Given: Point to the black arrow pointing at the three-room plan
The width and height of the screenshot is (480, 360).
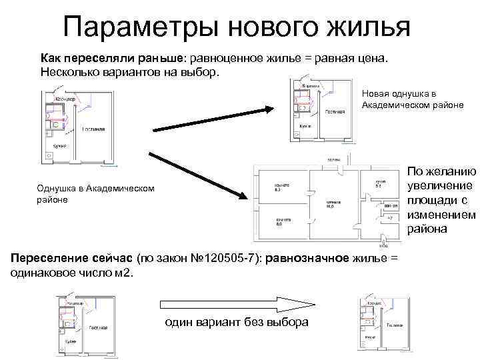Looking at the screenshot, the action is pyautogui.click(x=197, y=175).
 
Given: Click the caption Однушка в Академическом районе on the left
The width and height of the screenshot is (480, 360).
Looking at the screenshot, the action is pyautogui.click(x=96, y=194).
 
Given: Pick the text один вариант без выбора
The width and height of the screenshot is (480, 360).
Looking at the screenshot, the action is pyautogui.click(x=236, y=322).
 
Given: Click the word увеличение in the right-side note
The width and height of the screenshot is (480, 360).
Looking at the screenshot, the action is pyautogui.click(x=441, y=185).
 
